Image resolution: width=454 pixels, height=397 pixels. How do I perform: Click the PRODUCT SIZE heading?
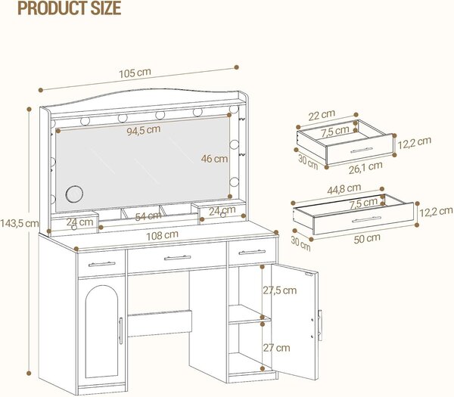click(69, 8)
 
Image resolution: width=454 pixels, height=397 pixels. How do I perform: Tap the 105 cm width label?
click(135, 73)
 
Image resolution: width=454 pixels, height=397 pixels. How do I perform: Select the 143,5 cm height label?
click(20, 223)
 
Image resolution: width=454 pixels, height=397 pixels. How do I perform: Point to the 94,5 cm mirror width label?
click(144, 130)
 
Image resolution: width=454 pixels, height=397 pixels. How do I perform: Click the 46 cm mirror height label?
click(214, 159)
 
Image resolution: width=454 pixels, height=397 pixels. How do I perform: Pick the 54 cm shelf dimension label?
click(148, 216)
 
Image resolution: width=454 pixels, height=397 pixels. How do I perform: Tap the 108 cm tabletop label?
click(162, 235)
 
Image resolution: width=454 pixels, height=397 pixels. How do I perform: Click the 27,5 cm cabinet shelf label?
click(280, 290)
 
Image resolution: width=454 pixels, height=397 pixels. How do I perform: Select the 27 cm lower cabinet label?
click(276, 348)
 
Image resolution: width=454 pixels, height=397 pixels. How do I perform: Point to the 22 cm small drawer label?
click(322, 115)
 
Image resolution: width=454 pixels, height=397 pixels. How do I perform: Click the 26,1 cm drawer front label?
click(365, 168)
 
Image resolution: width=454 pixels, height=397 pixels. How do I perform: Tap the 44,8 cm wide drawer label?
click(344, 189)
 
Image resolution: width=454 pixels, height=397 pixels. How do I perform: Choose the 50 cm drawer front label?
click(367, 238)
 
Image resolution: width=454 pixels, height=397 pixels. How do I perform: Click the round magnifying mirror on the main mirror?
click(74, 194)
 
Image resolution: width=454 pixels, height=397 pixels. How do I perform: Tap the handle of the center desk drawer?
click(177, 258)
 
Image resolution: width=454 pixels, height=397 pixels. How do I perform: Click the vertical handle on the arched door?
click(121, 330)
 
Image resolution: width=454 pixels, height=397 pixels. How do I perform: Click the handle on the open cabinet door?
click(319, 325)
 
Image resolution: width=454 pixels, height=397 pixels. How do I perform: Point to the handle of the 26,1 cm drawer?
click(362, 150)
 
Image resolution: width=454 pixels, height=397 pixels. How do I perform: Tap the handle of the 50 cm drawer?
click(366, 219)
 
